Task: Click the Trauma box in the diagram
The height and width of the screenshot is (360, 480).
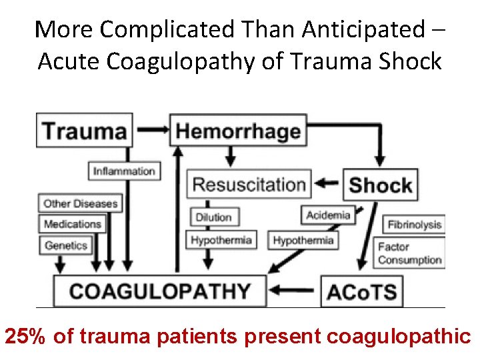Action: coord(85,130)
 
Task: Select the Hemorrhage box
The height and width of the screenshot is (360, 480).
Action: coord(238,130)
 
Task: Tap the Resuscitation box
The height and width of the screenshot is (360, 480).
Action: coord(249,184)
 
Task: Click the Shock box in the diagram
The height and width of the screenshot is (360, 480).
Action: coord(381,185)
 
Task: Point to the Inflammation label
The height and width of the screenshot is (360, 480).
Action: coord(125,171)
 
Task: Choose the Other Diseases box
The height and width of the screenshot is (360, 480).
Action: coord(80,203)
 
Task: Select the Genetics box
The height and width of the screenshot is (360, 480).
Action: coord(66,245)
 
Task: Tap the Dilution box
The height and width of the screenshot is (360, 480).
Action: coord(213,217)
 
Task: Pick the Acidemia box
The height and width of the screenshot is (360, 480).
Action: coord(328,215)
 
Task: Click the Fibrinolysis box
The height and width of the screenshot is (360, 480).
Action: coord(413,224)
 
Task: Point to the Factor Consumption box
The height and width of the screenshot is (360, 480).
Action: coord(409,253)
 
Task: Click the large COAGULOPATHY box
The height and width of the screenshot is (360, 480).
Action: coord(160,291)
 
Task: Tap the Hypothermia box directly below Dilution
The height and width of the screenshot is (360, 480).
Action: coord(221,240)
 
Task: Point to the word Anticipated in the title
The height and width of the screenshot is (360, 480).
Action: coord(363,29)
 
